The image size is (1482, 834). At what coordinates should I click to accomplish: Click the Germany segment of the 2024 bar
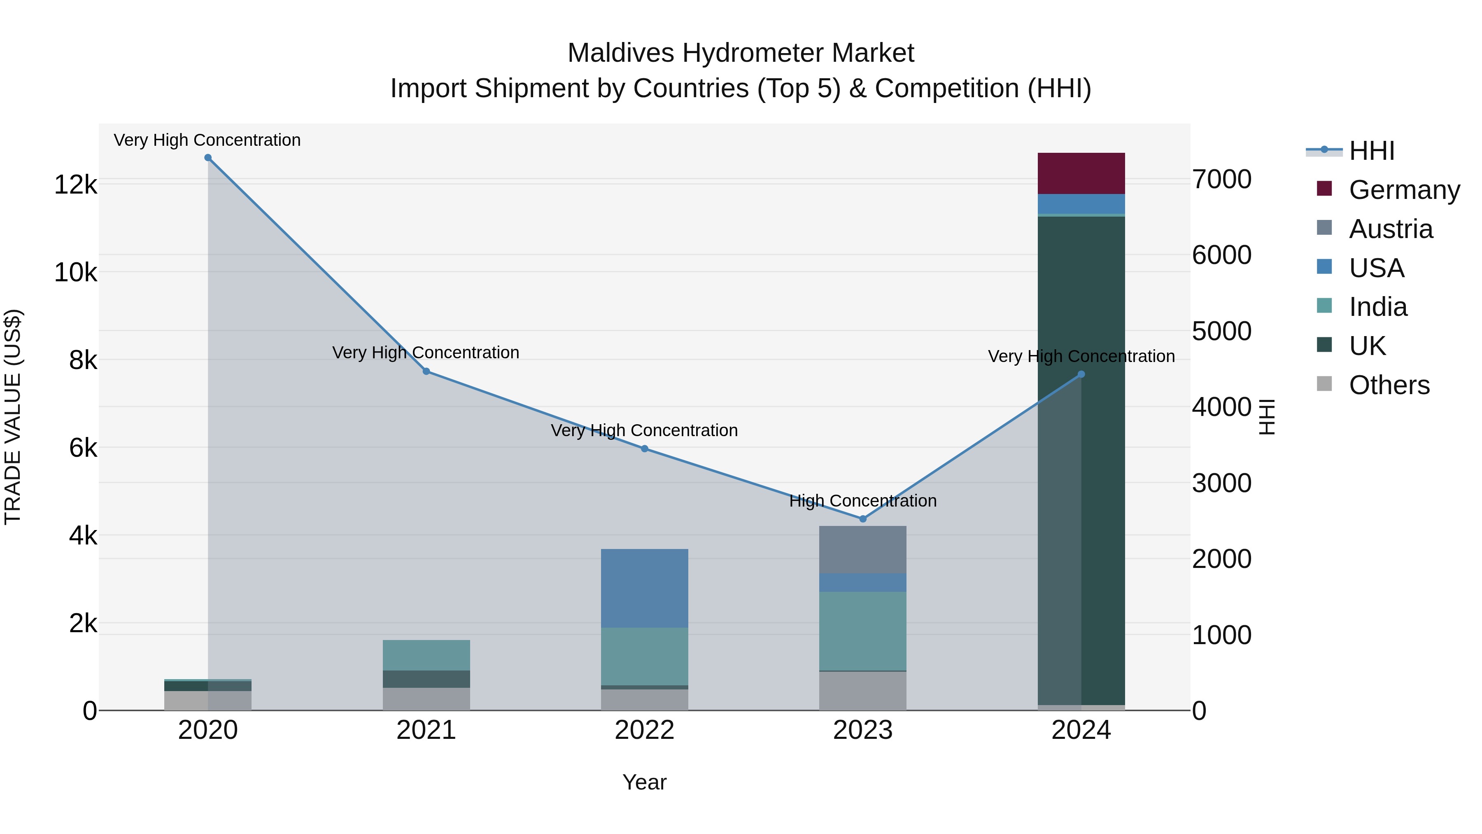click(1081, 173)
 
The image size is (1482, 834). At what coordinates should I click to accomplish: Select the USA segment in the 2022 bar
click(644, 588)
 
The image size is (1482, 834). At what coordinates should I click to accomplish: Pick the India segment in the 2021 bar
click(426, 655)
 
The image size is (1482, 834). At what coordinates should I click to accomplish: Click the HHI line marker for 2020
click(208, 158)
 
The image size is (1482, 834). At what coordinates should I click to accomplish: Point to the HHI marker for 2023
click(862, 519)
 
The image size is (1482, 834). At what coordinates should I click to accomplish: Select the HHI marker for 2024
click(1081, 374)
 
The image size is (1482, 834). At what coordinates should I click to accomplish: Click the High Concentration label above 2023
click(862, 501)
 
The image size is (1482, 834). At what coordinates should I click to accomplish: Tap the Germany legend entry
click(1404, 190)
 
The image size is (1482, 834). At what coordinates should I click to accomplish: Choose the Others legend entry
click(1389, 385)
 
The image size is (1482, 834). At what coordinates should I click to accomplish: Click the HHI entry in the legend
click(1372, 151)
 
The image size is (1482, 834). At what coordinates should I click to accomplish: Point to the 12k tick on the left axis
click(75, 185)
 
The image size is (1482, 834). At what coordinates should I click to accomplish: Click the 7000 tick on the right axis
click(1221, 179)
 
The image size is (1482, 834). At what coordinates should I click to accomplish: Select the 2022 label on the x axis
click(644, 730)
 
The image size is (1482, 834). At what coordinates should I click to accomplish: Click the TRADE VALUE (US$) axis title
click(13, 417)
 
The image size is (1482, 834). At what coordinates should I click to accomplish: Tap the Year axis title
click(644, 782)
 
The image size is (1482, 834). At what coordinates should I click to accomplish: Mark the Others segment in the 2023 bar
click(862, 691)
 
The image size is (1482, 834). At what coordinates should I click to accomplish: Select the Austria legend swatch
click(1324, 227)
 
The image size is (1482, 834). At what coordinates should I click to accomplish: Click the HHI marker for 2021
click(426, 371)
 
